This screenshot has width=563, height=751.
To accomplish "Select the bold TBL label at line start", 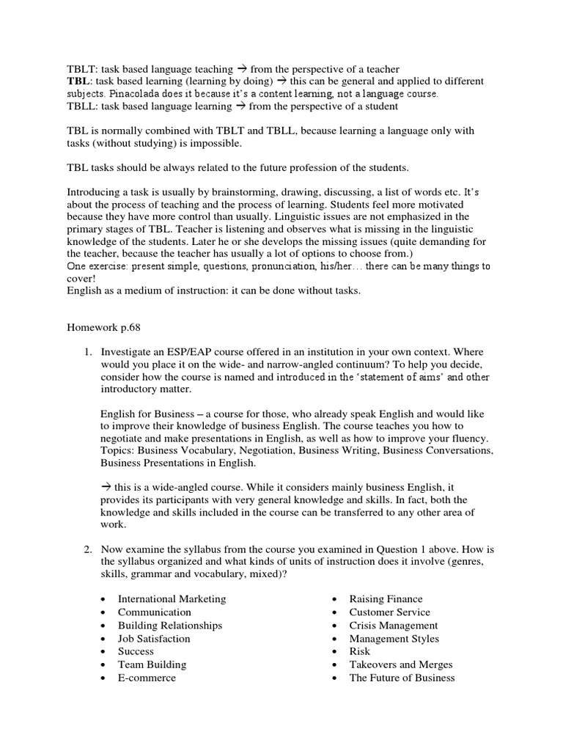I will tap(78, 81).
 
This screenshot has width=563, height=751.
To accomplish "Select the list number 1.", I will tap(87, 352).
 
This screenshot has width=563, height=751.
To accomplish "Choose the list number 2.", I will tap(87, 548).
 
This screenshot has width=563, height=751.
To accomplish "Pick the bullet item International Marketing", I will tap(172, 599).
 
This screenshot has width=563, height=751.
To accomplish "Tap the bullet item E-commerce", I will tap(147, 678).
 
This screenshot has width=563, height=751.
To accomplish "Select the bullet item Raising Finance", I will tap(386, 599).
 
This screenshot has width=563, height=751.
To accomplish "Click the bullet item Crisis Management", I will tap(393, 626).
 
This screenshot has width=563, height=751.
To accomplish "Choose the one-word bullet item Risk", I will tap(360, 652).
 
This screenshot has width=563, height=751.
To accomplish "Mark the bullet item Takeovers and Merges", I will tap(400, 665).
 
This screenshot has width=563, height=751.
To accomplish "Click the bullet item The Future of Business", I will tap(402, 678).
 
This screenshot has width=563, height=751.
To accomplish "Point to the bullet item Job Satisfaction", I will tap(154, 639).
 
